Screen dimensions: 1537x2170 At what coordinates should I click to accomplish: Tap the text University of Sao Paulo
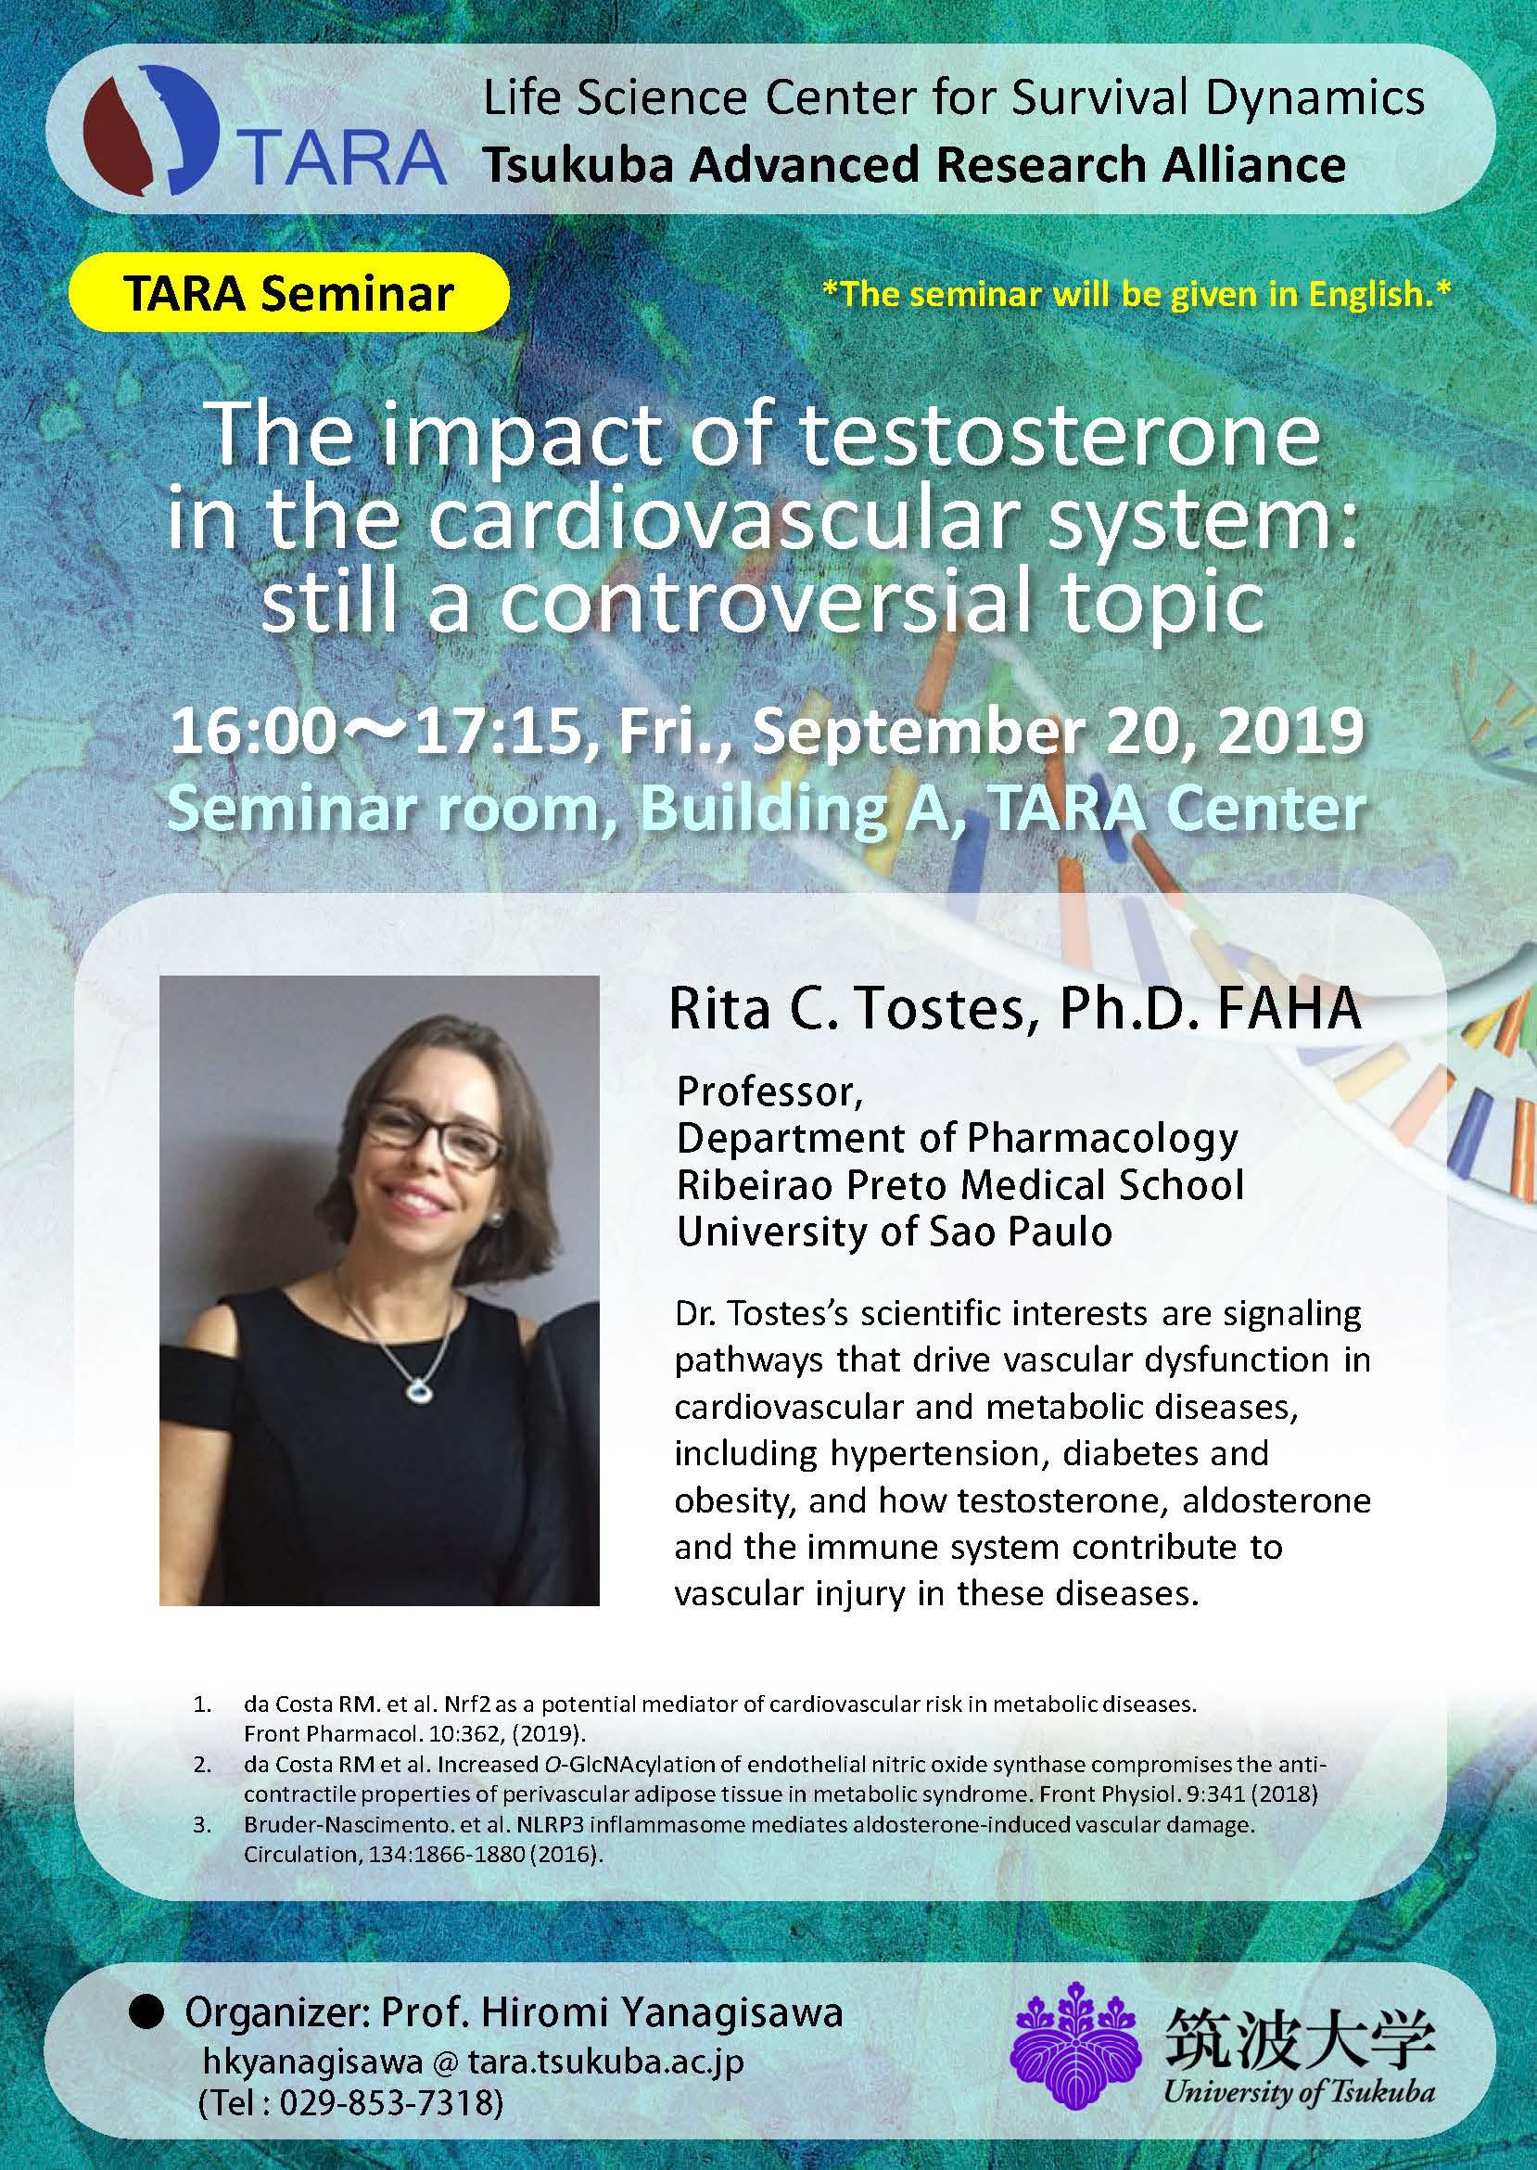point(895,1232)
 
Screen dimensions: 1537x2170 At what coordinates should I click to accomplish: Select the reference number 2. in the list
point(202,1766)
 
